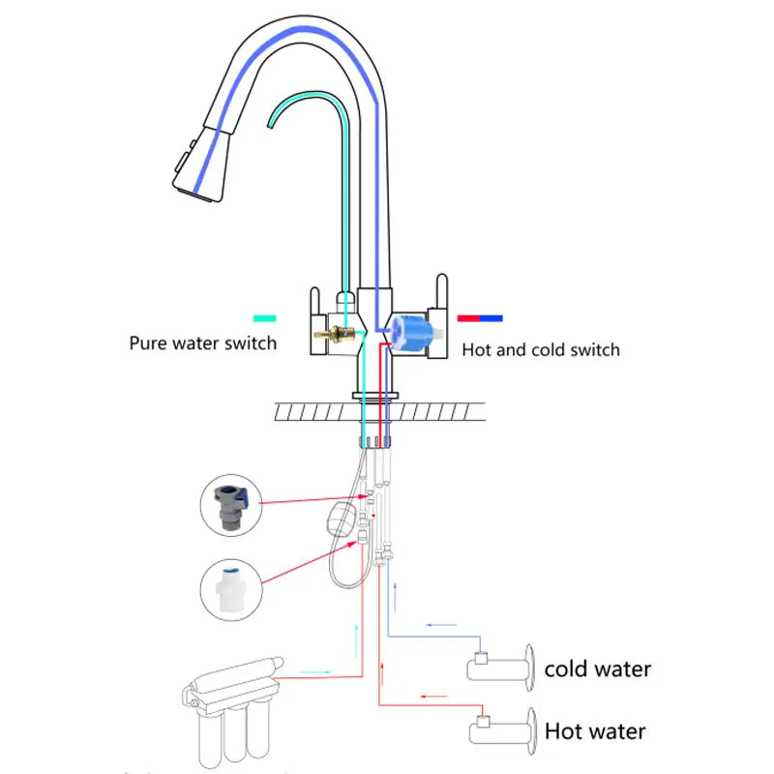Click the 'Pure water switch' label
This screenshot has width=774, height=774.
(203, 342)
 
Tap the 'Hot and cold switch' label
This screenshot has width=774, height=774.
(541, 349)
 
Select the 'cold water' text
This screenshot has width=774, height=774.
(597, 669)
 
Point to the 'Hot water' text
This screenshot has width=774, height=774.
(595, 730)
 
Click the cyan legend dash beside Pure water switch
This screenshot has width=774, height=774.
(264, 317)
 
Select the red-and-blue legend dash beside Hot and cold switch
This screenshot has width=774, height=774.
(480, 317)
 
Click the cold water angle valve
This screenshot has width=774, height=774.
(503, 667)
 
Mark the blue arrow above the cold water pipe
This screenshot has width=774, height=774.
(442, 625)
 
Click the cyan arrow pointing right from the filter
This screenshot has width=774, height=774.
(316, 670)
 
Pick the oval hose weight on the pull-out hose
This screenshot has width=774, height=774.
(340, 518)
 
